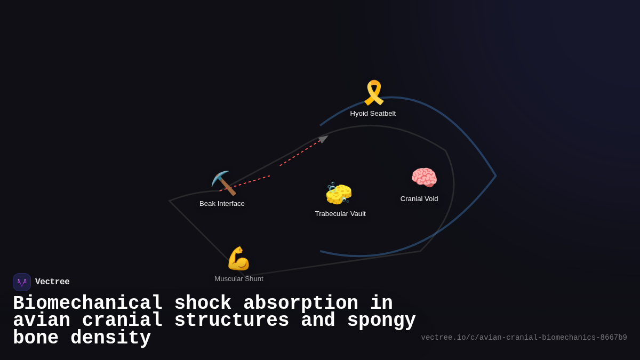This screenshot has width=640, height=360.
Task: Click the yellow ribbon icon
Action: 373,93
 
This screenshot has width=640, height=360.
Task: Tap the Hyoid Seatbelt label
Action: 373,114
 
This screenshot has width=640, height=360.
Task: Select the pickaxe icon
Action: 223,183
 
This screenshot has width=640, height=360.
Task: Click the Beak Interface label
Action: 222,204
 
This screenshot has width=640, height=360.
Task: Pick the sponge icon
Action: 339,193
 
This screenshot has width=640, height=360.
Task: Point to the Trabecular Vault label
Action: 340,214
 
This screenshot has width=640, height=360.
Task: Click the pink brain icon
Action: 424,178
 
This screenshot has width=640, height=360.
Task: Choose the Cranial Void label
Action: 419,199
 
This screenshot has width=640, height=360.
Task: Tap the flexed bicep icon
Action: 238,259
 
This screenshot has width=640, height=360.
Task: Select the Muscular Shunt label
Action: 239,279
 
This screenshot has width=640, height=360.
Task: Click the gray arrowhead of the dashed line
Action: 323,139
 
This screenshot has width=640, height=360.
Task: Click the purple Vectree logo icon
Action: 22,282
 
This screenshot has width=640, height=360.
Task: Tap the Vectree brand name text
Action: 52,282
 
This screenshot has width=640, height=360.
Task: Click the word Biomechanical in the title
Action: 87,303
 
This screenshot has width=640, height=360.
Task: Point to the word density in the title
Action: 110,338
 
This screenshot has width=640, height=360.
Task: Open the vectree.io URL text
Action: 524,338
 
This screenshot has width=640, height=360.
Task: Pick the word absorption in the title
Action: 301,303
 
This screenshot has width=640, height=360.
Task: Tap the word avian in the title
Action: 42,321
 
